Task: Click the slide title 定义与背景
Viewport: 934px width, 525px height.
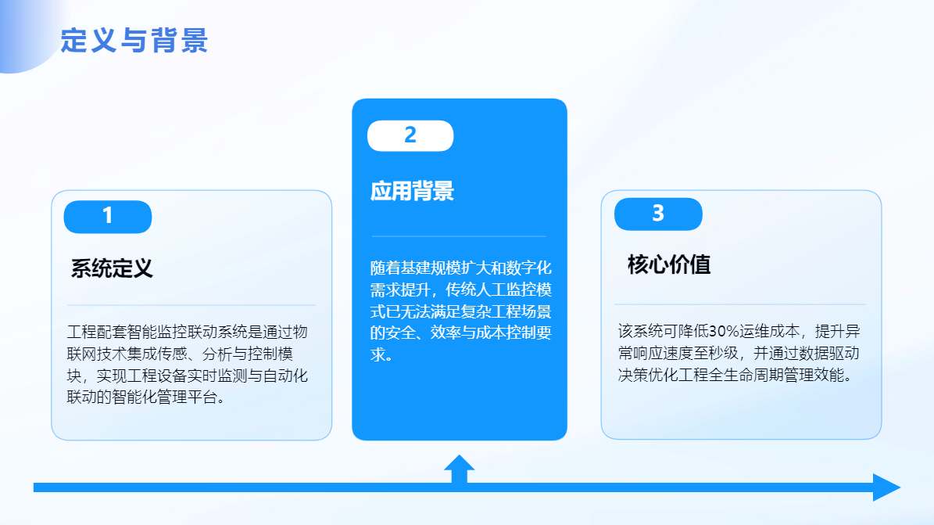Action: pyautogui.click(x=134, y=41)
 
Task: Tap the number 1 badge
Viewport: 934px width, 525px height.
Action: pyautogui.click(x=108, y=217)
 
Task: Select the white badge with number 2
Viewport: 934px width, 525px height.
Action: pyautogui.click(x=410, y=135)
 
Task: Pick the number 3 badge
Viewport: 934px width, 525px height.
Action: pyautogui.click(x=658, y=214)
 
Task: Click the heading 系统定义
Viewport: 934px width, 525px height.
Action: pyautogui.click(x=112, y=268)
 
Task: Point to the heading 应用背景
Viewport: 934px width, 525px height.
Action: pyautogui.click(x=412, y=191)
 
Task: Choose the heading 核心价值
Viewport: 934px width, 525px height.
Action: pyautogui.click(x=669, y=264)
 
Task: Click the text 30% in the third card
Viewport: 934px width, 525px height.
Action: pyautogui.click(x=724, y=331)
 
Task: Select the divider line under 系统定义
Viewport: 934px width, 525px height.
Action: pyautogui.click(x=191, y=305)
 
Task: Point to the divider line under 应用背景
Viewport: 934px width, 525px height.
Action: pyautogui.click(x=460, y=236)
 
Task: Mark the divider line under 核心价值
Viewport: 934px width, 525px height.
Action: pyautogui.click(x=740, y=304)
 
